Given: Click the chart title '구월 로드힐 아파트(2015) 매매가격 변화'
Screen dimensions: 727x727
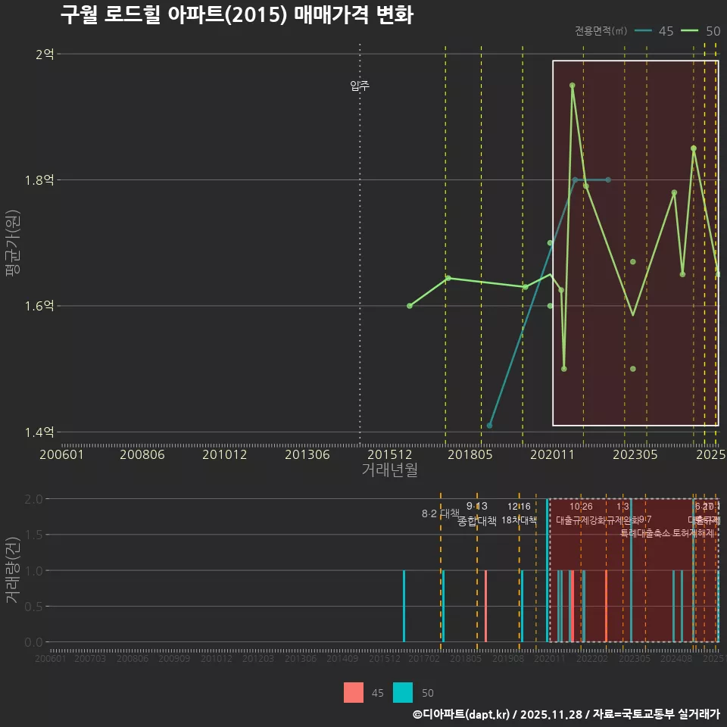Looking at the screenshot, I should pyautogui.click(x=236, y=15).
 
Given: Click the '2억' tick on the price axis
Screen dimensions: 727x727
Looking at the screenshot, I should pyautogui.click(x=44, y=54).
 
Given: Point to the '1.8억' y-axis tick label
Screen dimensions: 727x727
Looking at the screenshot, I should pyautogui.click(x=39, y=180).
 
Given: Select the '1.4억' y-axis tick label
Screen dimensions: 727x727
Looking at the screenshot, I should pyautogui.click(x=39, y=432).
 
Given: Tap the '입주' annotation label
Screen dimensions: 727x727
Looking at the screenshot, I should pyautogui.click(x=360, y=86).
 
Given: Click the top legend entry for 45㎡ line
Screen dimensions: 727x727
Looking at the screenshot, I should pyautogui.click(x=654, y=31).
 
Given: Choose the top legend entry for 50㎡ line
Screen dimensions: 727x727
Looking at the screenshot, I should pyautogui.click(x=700, y=31).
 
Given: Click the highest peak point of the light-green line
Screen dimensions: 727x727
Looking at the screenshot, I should pyautogui.click(x=573, y=86).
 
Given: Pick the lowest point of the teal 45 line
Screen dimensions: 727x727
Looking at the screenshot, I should pyautogui.click(x=490, y=426).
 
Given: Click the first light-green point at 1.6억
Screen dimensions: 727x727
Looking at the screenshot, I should pyautogui.click(x=410, y=306).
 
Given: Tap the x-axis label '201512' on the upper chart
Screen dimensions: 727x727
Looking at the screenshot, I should pyautogui.click(x=389, y=454).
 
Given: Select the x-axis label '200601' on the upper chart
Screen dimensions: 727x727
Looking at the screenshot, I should pyautogui.click(x=61, y=454).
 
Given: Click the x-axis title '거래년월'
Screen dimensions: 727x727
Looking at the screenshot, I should pyautogui.click(x=389, y=470).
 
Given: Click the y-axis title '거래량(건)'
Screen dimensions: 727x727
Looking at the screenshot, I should pyautogui.click(x=12, y=570).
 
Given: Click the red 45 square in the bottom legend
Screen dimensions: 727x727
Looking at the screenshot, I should pyautogui.click(x=354, y=693).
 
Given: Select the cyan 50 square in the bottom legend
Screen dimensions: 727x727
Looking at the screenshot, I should pyautogui.click(x=404, y=693).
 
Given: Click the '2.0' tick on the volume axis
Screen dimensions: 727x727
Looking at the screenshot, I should pyautogui.click(x=33, y=499).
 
